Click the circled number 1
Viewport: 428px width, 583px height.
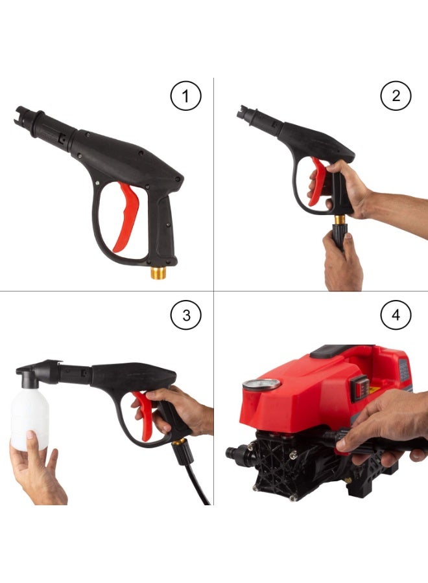tap(186, 97)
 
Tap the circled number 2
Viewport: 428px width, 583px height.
tap(396, 97)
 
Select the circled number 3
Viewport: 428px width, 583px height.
tap(186, 315)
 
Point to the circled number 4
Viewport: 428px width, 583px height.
tap(396, 315)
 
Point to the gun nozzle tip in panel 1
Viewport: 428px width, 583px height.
tap(19, 114)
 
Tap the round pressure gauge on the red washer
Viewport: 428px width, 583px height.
tap(261, 385)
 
